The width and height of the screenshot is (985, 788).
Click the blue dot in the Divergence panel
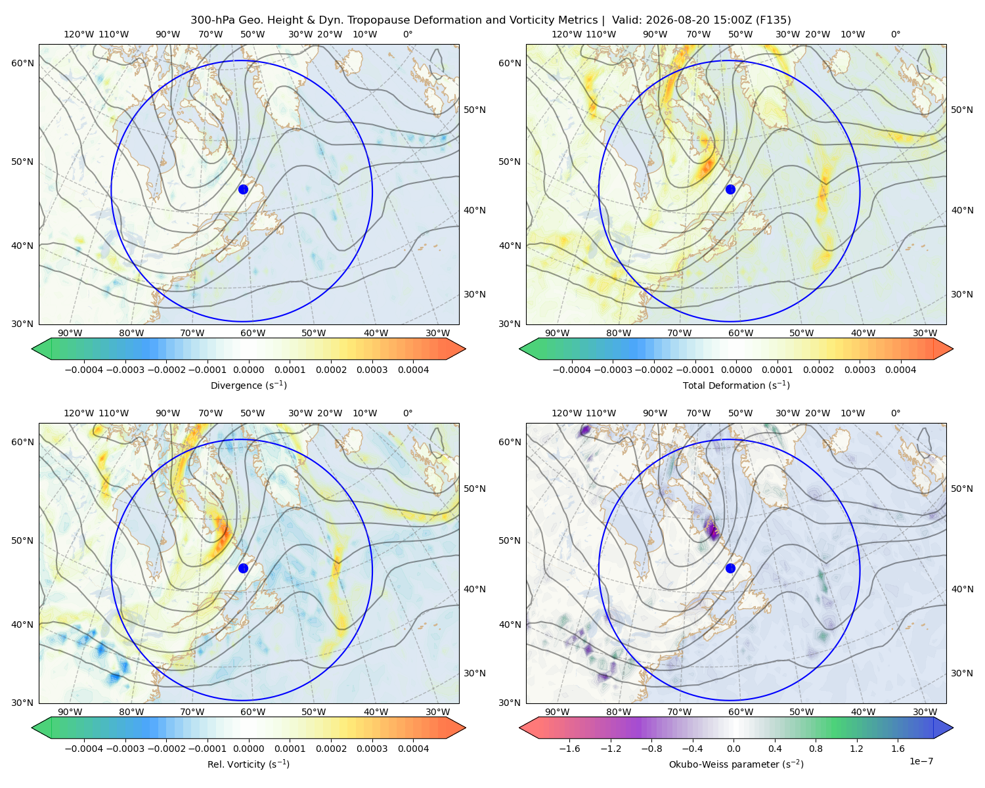(x=243, y=189)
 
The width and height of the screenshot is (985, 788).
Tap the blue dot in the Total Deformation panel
(x=730, y=189)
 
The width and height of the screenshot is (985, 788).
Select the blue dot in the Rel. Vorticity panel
(x=243, y=568)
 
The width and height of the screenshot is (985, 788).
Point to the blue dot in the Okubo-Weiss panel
(x=730, y=568)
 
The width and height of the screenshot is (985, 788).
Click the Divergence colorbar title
(x=248, y=385)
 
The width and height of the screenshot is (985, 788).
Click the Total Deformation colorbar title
(x=736, y=385)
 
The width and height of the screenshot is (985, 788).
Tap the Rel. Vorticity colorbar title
(x=248, y=764)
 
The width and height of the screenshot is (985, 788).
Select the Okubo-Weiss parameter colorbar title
(x=736, y=764)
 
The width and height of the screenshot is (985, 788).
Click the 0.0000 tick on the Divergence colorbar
(x=248, y=370)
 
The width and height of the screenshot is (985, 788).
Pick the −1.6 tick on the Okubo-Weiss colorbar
(x=569, y=749)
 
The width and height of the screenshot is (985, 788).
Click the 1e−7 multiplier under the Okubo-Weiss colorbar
(x=921, y=761)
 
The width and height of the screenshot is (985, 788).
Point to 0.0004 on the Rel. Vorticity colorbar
(x=413, y=749)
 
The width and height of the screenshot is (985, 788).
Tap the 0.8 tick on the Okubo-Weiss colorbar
(x=816, y=749)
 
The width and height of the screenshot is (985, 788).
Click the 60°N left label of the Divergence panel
(x=22, y=63)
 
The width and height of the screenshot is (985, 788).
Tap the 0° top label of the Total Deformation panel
(x=895, y=34)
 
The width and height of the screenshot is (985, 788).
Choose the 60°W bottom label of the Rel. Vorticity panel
(x=253, y=712)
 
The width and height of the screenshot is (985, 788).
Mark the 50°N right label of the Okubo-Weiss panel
(x=961, y=489)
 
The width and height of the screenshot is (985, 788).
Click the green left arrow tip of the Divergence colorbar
(x=32, y=349)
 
